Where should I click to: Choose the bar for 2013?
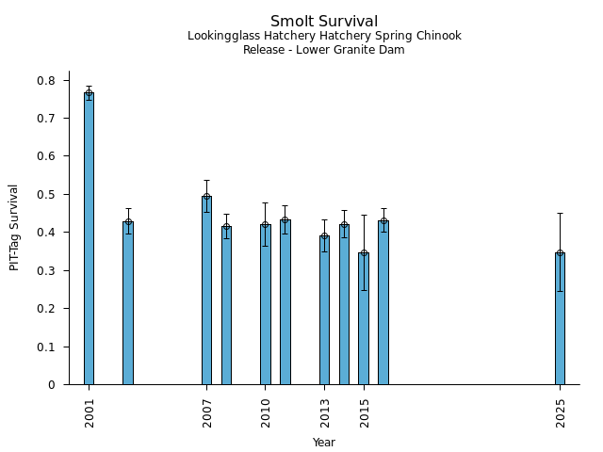[324, 310]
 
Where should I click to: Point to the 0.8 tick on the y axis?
[46, 81]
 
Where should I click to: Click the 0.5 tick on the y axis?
[46, 195]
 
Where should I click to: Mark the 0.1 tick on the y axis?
[46, 347]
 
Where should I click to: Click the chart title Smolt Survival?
[324, 22]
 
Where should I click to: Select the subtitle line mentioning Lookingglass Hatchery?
[324, 37]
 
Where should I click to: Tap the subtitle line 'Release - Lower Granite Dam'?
[324, 50]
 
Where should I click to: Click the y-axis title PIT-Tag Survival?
[14, 227]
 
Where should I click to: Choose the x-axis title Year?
[324, 443]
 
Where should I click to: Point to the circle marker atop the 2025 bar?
[560, 253]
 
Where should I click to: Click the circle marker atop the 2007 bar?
[206, 197]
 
